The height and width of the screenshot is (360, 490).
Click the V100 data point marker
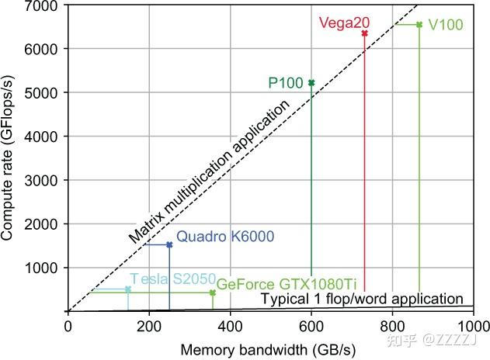[419, 25]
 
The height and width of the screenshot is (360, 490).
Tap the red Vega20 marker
[364, 33]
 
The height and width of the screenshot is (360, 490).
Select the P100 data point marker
[311, 83]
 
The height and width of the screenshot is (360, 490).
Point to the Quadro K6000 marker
[169, 245]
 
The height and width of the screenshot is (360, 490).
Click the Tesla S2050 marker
[128, 289]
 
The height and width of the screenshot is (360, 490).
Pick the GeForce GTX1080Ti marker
[213, 293]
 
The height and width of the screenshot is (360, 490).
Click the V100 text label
[446, 25]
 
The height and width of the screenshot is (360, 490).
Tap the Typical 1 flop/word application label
[361, 299]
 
